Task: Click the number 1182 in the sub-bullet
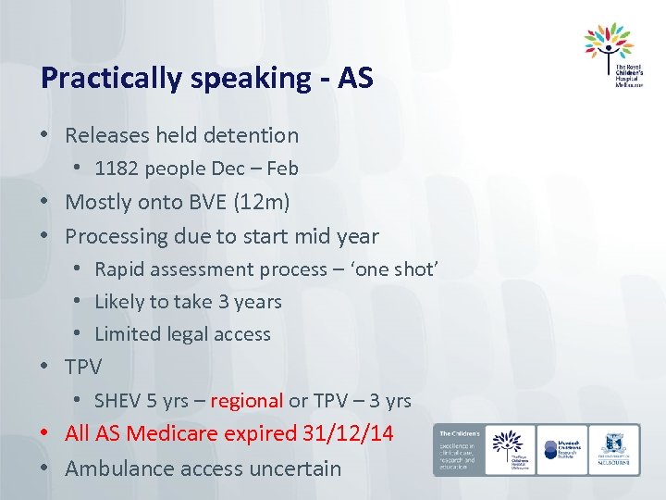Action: tap(116, 168)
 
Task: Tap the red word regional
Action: tap(247, 401)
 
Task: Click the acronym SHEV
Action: tap(117, 401)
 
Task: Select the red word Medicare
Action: tap(172, 433)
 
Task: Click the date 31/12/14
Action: tap(348, 433)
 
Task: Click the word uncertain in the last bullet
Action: tap(299, 469)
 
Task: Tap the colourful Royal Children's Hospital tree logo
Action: tap(609, 42)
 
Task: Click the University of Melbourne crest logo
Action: tap(613, 449)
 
